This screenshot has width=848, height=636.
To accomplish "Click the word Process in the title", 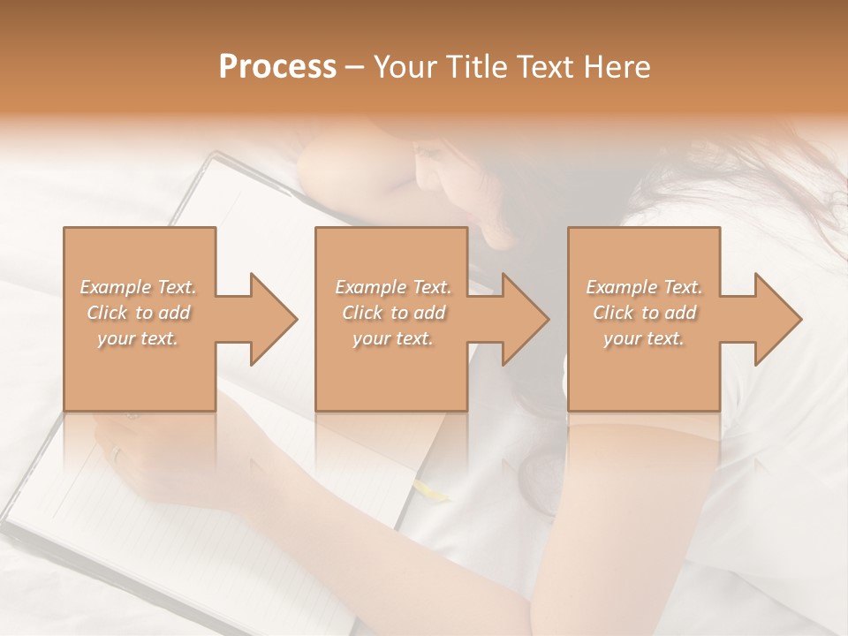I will click(277, 67).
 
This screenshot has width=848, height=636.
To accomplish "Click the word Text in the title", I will click(548, 67).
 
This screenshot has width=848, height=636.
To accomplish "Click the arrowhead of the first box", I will click(274, 319).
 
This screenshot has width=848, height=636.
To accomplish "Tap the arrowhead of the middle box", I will click(526, 319).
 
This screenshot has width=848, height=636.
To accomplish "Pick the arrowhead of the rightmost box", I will click(778, 319).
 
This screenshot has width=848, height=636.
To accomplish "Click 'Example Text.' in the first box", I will click(139, 287).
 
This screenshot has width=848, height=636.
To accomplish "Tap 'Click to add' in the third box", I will click(644, 313).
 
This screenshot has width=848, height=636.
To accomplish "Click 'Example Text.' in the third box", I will click(644, 287).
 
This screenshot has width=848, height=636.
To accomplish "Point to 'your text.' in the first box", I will click(139, 338).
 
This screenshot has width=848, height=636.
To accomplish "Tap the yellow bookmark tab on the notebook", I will click(433, 490).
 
